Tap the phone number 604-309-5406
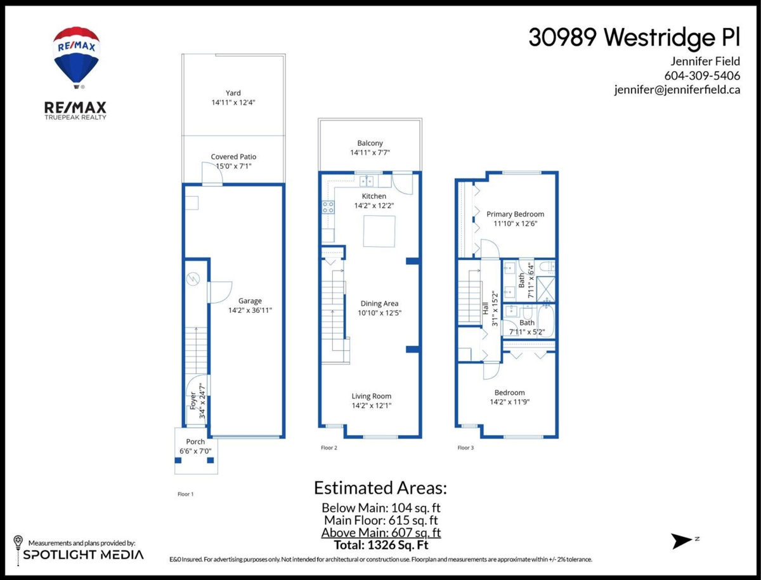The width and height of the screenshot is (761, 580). (x=702, y=76)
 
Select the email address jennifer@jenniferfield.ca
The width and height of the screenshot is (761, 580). (x=677, y=90)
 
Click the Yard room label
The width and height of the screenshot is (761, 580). (x=233, y=93)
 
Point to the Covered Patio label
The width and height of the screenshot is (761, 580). (x=233, y=157)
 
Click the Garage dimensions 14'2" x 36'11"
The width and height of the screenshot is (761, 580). (x=250, y=310)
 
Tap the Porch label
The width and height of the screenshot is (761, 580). (x=195, y=442)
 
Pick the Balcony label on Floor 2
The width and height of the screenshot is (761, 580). (x=370, y=143)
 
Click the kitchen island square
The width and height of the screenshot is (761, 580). (x=379, y=231)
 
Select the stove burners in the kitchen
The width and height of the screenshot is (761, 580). (x=328, y=207)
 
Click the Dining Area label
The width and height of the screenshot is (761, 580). (x=379, y=303)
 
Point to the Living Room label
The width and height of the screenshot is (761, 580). (x=372, y=396)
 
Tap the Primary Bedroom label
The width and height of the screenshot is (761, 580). (x=515, y=214)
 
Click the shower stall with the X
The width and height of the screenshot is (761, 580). (x=546, y=289)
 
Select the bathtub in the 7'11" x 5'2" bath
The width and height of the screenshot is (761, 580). (x=546, y=320)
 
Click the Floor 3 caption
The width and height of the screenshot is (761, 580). (x=465, y=448)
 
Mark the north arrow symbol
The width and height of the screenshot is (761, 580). (x=682, y=541)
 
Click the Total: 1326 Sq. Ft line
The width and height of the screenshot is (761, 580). (x=381, y=545)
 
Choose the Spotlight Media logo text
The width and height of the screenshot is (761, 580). (x=83, y=555)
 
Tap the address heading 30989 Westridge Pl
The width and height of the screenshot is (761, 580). (x=634, y=37)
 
